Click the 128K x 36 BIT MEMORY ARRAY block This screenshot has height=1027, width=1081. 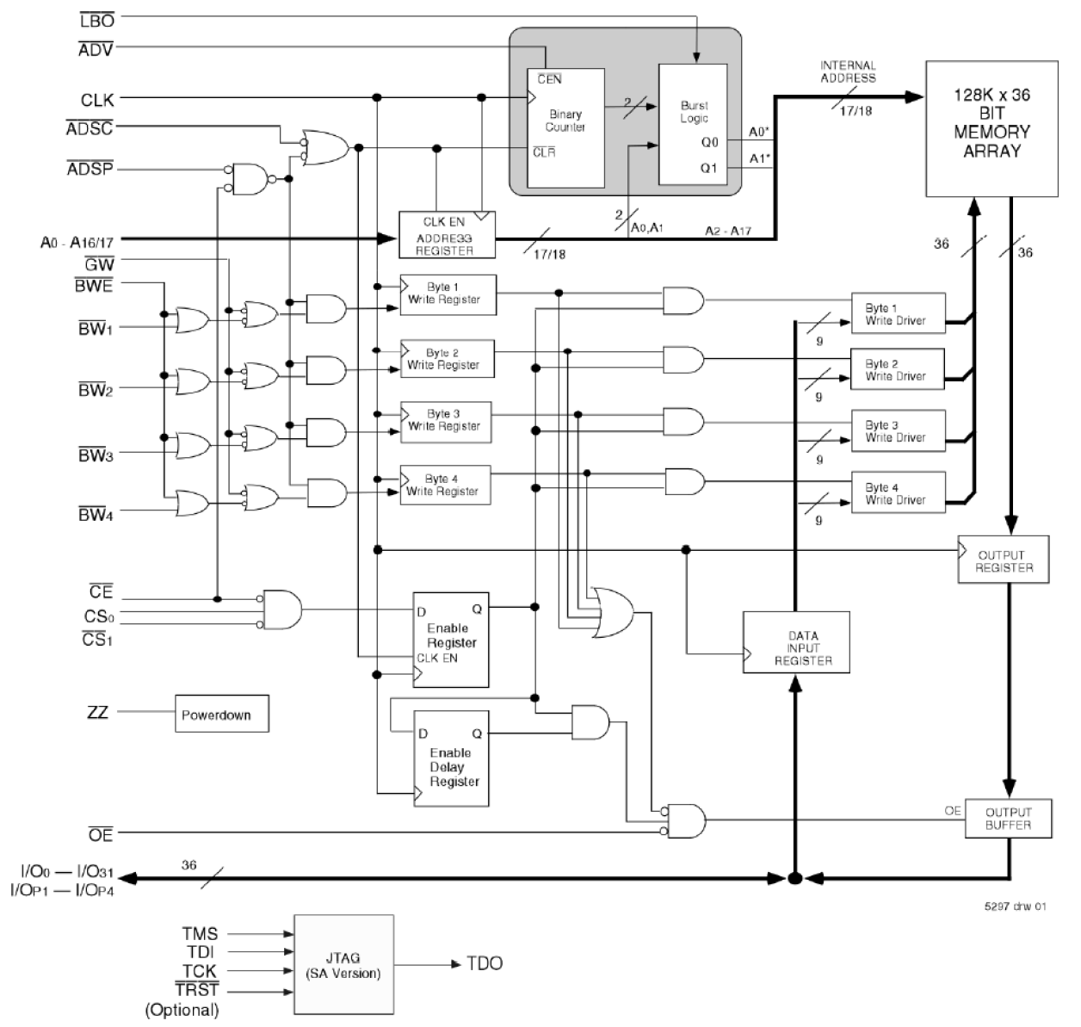(991, 128)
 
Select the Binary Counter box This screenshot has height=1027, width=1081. (565, 128)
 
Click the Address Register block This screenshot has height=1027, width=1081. (448, 234)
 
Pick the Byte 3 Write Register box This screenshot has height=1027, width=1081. (445, 421)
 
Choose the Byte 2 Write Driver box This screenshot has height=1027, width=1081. (898, 370)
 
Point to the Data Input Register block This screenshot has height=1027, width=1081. (796, 642)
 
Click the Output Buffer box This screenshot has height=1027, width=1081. (1007, 819)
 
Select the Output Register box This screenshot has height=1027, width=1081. (1004, 561)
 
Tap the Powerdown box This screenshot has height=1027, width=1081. (222, 714)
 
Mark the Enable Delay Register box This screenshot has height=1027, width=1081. (451, 758)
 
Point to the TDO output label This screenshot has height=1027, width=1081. (485, 963)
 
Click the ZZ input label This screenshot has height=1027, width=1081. (97, 713)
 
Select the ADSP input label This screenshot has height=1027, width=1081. (90, 170)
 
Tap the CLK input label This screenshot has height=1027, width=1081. (96, 101)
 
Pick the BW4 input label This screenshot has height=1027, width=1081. (96, 515)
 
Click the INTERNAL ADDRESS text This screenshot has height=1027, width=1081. (848, 71)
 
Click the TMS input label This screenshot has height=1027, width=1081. (200, 933)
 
